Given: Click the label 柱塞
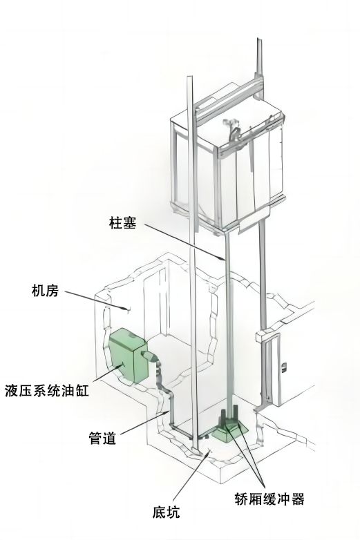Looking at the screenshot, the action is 122,223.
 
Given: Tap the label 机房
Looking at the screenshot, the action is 46,291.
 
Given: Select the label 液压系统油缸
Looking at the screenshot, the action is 47,391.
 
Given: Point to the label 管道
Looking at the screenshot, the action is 102,438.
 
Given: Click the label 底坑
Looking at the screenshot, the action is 166,512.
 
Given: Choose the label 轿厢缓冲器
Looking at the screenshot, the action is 269,499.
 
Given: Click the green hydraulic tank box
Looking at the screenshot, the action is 128,355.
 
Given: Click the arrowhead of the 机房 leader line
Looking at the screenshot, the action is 126,308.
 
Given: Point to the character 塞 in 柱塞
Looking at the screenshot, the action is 129,223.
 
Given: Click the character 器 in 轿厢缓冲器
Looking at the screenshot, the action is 298,499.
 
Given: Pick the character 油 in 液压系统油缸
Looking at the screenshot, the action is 68,391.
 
